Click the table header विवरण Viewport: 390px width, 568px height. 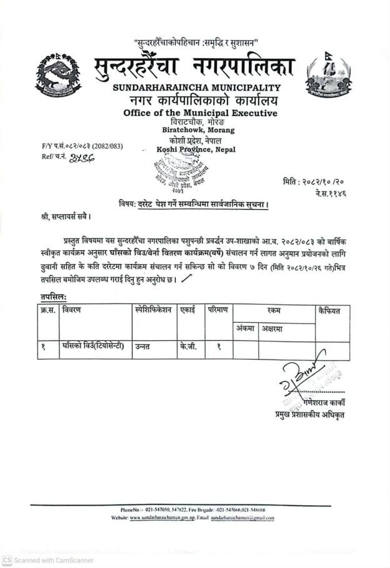click(x=72, y=310)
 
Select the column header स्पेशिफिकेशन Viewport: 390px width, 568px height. click(x=152, y=310)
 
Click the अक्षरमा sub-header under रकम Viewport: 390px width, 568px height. click(x=274, y=328)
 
